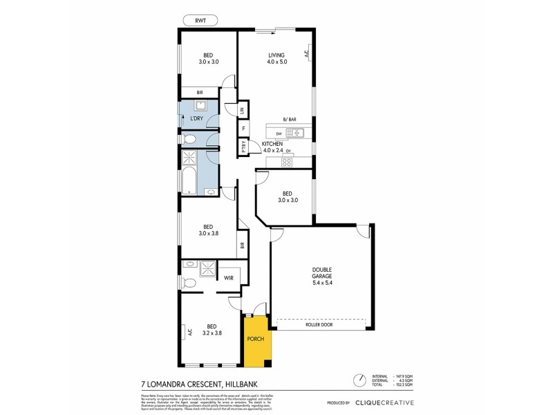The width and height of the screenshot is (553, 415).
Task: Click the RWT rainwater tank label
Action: click(200, 19)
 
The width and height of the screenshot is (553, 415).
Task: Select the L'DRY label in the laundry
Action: click(197, 119)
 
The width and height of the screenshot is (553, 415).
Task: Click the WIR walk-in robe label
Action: click(228, 278)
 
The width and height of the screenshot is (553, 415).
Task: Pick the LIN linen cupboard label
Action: click(243, 110)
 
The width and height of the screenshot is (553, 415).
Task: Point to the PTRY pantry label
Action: click(243, 147)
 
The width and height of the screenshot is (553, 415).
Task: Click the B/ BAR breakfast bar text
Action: click(290, 120)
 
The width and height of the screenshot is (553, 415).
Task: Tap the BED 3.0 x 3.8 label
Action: click(207, 230)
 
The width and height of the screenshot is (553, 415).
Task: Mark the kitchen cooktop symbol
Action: click(285, 163)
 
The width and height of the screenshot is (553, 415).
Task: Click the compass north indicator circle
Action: click(359, 380)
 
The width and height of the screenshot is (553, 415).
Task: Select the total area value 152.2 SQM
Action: click(404, 385)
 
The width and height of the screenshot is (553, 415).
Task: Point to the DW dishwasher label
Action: click(279, 133)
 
